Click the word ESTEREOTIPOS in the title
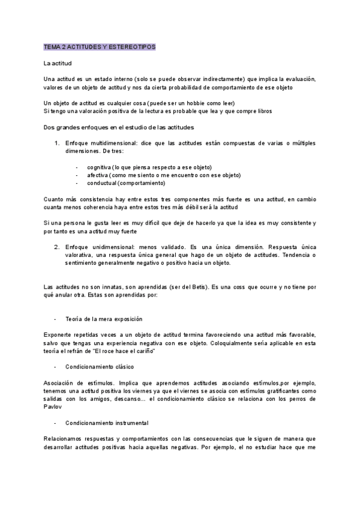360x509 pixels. pos(131,46)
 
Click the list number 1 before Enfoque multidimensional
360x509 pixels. pos(57,143)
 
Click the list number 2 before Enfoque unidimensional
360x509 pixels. pos(57,247)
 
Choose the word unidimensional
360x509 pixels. pos(113,247)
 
